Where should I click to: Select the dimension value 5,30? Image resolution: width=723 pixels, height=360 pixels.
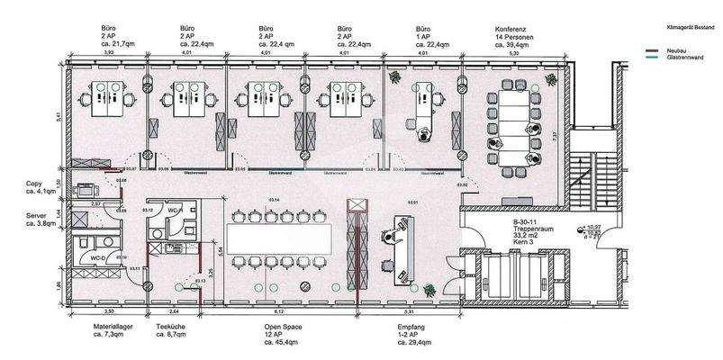514,53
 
